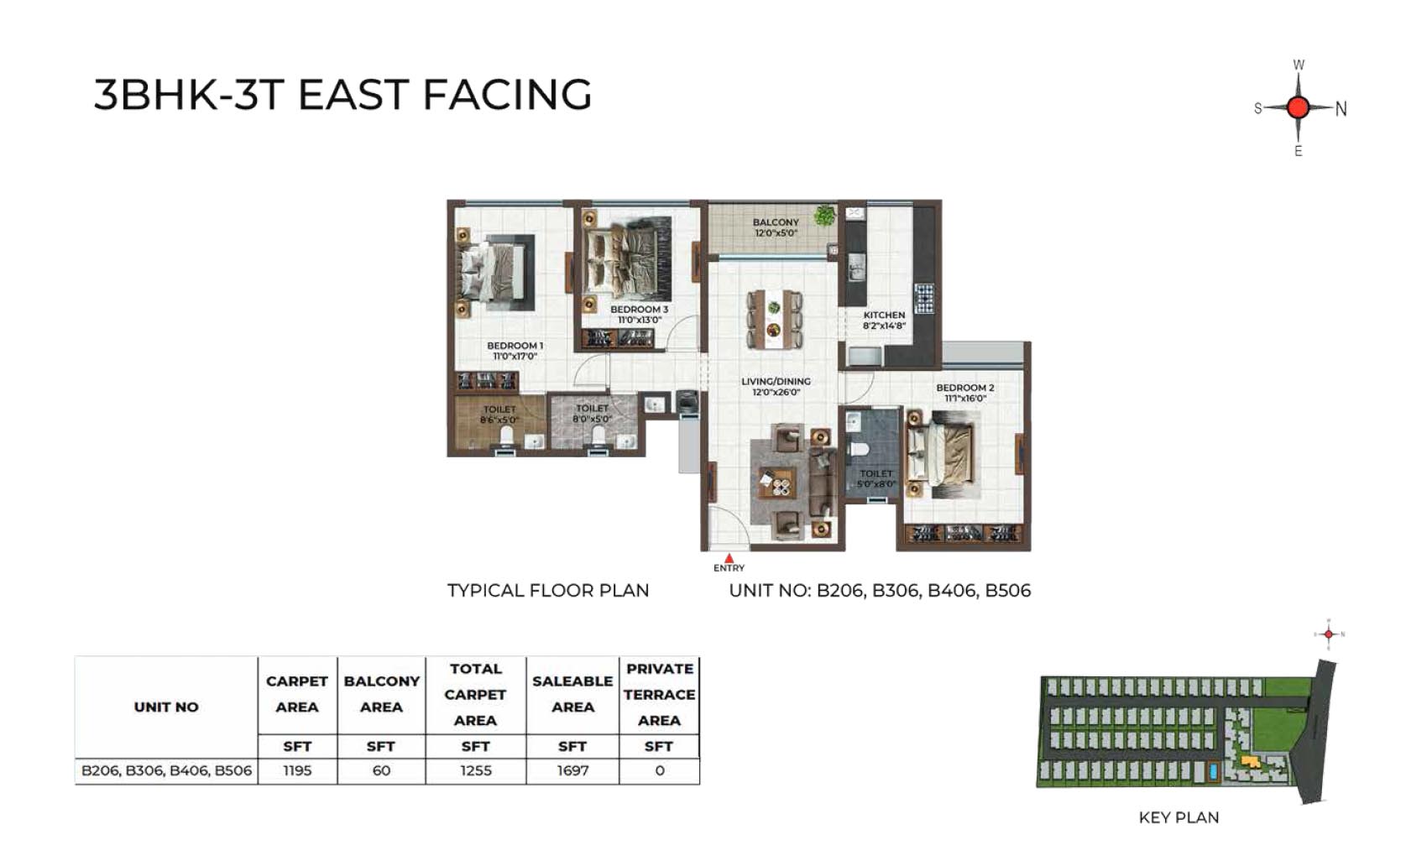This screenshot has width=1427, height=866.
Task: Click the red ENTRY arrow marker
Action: (x=729, y=558)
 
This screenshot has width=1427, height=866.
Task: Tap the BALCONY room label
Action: (x=776, y=222)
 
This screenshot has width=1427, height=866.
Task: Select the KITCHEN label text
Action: (x=884, y=315)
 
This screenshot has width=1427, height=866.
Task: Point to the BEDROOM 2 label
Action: (x=965, y=387)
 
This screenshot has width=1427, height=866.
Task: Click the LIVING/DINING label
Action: (x=776, y=382)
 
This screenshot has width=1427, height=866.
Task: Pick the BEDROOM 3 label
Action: (x=640, y=310)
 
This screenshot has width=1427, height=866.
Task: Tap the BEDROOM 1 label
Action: (x=515, y=346)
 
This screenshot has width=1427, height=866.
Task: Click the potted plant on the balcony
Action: (x=824, y=215)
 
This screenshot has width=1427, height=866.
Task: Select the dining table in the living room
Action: (x=774, y=320)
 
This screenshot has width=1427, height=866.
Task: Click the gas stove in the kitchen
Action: (x=924, y=299)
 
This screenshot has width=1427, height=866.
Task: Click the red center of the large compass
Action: (x=1298, y=107)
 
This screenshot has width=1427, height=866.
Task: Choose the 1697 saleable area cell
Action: (x=572, y=770)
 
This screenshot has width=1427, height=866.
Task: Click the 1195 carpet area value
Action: (x=297, y=770)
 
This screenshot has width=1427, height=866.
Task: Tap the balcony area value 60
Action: (x=381, y=770)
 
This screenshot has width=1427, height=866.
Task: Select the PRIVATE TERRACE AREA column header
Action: (x=659, y=695)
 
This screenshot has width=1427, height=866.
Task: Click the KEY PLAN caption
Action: (x=1179, y=817)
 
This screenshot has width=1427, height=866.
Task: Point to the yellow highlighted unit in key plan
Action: (x=1250, y=761)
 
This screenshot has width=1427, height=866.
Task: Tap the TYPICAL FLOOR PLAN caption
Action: (x=548, y=590)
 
